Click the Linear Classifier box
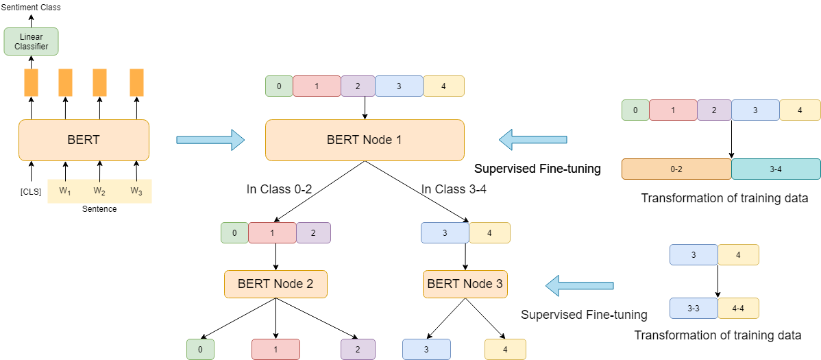point(31,41)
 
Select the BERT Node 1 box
point(365,141)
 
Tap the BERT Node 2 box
point(275,284)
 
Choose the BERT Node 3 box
point(465,284)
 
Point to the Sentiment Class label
point(31,8)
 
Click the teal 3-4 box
point(776,169)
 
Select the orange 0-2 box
point(676,169)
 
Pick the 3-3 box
point(694,309)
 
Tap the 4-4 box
point(738,309)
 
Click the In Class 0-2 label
point(280,189)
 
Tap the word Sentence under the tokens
point(99,208)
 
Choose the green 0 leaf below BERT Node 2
point(200,349)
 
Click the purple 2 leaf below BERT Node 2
point(358,349)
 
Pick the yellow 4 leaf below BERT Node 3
point(505,349)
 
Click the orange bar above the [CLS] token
point(31,82)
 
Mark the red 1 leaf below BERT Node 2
point(275,349)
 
